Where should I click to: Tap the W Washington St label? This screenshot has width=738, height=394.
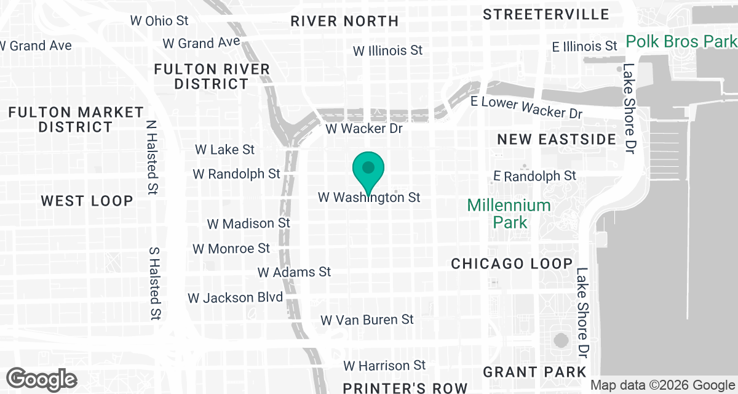point(369,198)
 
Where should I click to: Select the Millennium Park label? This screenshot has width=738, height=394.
point(509,213)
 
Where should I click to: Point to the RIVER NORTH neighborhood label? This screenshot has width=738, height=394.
point(344,21)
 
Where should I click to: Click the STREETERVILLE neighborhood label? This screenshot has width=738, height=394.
point(546,14)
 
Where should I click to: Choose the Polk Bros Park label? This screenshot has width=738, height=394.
point(681,42)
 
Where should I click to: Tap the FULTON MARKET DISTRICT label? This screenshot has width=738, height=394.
point(76,119)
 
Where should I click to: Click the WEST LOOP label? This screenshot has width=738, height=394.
point(87,201)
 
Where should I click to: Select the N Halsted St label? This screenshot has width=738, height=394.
point(152,150)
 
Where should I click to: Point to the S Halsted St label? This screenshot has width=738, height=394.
point(154,284)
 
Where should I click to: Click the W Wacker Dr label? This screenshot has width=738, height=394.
point(363,129)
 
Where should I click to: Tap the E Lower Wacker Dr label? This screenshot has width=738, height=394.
point(526,107)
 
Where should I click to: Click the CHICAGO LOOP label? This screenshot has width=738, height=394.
point(512,263)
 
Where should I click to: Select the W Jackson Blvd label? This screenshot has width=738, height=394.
point(236,298)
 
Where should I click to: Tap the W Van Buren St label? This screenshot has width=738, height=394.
point(367,320)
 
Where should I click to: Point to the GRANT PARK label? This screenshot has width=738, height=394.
point(534,372)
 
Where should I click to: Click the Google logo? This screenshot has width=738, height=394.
point(41,378)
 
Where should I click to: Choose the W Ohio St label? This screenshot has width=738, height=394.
point(159,20)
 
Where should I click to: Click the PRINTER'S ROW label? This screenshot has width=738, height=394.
point(405,388)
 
